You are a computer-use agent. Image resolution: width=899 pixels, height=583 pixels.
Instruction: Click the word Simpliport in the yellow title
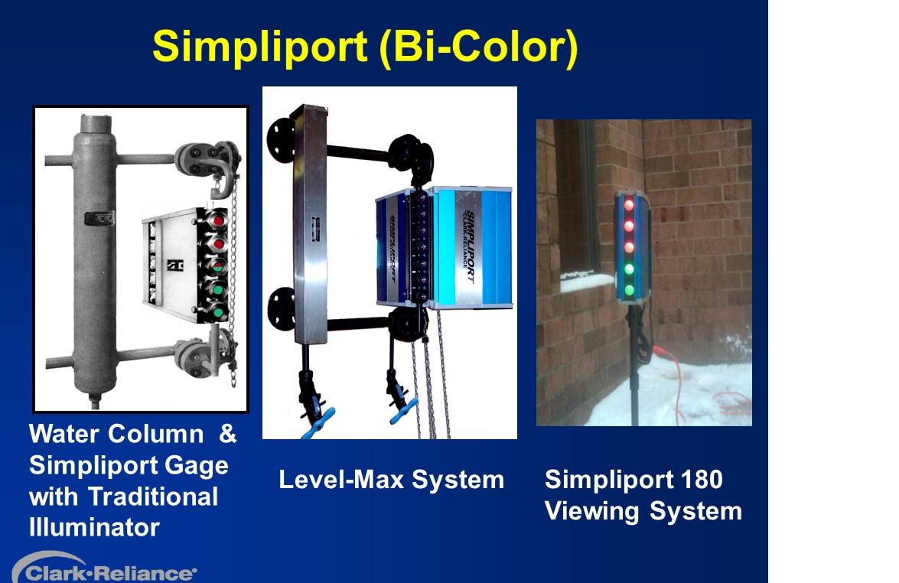pos(259,47)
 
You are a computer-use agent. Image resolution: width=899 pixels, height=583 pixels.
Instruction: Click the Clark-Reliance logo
pos(104,568)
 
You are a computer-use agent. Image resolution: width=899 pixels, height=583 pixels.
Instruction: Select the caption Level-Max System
pos(391,480)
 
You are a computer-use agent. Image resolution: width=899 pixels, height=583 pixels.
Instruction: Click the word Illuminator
pos(94,527)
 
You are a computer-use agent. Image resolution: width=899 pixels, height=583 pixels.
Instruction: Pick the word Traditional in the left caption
pos(153,497)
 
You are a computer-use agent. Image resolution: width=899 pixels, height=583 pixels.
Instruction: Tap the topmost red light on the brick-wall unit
pos(629,204)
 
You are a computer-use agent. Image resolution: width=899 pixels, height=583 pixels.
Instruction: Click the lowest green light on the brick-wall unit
pos(629,290)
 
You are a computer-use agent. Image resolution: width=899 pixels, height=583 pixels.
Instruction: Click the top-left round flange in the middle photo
pos(280,141)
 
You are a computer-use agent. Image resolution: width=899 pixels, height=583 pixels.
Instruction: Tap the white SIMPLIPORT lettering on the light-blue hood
pos(469,246)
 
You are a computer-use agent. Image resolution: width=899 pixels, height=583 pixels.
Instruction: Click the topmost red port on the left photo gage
pos(218,220)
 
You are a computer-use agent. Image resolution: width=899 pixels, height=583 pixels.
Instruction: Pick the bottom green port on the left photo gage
pos(218,312)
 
